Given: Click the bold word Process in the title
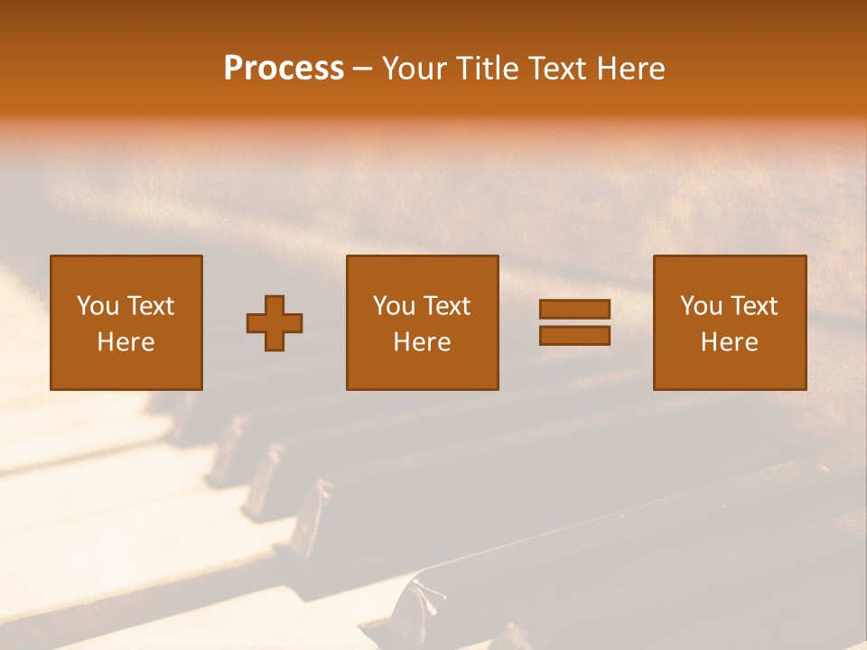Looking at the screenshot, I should coord(284,69).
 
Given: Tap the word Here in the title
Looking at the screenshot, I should coord(629,69).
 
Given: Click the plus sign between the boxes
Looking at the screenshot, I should coord(275,323).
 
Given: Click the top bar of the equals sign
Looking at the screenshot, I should coord(574,310).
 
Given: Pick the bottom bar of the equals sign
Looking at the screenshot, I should coord(574,336).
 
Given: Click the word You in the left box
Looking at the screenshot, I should coord(98,306).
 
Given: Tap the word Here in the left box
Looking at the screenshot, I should coord(126,342).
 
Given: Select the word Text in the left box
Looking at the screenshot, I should coord(150,306).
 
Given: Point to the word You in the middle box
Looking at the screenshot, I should coord(394,306).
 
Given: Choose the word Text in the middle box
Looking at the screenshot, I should coord(446,306).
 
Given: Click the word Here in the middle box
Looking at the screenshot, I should coord(422,342).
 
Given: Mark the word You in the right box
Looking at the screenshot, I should coord(701,306).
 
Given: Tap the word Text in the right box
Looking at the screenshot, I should coord(753,306).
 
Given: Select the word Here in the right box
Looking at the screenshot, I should coord(729,342).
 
